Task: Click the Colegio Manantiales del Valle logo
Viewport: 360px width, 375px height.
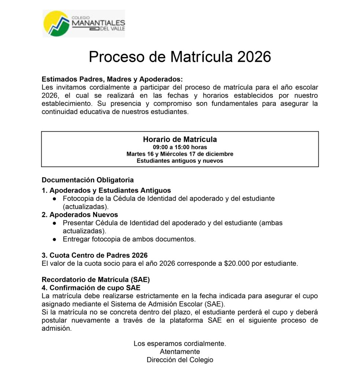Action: pyautogui.click(x=84, y=23)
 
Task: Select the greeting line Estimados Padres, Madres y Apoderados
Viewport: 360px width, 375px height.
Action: pyautogui.click(x=112, y=79)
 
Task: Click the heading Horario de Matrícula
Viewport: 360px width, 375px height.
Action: pyautogui.click(x=180, y=140)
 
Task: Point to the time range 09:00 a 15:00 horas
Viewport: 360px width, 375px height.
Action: pyautogui.click(x=180, y=147)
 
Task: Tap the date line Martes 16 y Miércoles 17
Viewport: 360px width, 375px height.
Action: pyautogui.click(x=180, y=154)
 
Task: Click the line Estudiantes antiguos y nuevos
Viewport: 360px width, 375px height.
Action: pyautogui.click(x=180, y=160)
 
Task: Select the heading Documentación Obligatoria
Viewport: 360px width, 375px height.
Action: pyautogui.click(x=88, y=180)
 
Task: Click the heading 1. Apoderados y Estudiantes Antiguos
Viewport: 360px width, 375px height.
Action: pyautogui.click(x=106, y=190)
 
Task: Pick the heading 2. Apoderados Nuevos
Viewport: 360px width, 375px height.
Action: pyautogui.click(x=80, y=215)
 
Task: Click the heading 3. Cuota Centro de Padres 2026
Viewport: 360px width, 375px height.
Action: pyautogui.click(x=94, y=255)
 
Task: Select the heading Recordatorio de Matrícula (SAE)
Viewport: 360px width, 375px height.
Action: pyautogui.click(x=96, y=279)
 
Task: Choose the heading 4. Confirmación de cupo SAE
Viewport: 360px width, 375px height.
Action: pyautogui.click(x=91, y=288)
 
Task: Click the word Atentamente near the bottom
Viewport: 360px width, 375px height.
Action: pyautogui.click(x=180, y=352)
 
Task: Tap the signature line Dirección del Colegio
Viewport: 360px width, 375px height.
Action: pyautogui.click(x=180, y=360)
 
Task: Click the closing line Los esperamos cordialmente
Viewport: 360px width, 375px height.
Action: pyautogui.click(x=180, y=344)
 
